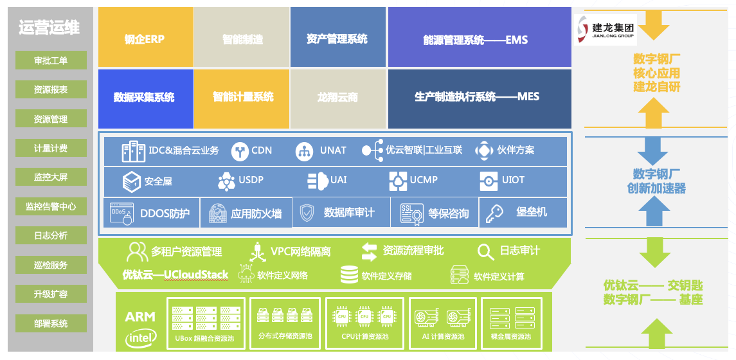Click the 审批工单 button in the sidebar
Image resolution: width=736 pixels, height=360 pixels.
point(51,60)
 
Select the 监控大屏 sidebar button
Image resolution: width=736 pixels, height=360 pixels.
point(51,177)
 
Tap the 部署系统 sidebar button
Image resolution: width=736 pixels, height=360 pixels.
point(51,323)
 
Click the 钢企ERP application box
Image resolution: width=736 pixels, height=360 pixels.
point(145,38)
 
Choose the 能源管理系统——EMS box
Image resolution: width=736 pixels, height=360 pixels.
point(480,39)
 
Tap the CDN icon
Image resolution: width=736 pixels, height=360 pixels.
point(240,151)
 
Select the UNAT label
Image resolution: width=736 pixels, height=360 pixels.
point(333,150)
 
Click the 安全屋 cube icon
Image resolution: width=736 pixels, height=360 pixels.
point(132,181)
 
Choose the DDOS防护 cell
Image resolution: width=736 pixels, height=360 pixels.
point(150,213)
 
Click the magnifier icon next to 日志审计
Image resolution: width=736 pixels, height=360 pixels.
point(485,251)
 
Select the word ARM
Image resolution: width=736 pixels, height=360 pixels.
point(141,316)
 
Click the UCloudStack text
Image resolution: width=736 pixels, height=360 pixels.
point(196,274)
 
